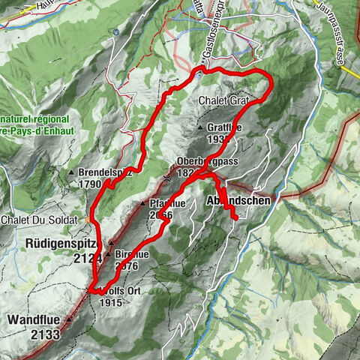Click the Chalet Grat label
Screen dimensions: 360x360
(x=224, y=99)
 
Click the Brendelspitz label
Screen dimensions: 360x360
(x=99, y=172)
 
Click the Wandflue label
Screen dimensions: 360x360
(x=36, y=319)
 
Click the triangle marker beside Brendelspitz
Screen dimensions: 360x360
(x=71, y=172)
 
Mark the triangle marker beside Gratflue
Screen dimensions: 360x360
(x=200, y=128)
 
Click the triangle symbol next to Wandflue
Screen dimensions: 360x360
(x=69, y=319)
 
